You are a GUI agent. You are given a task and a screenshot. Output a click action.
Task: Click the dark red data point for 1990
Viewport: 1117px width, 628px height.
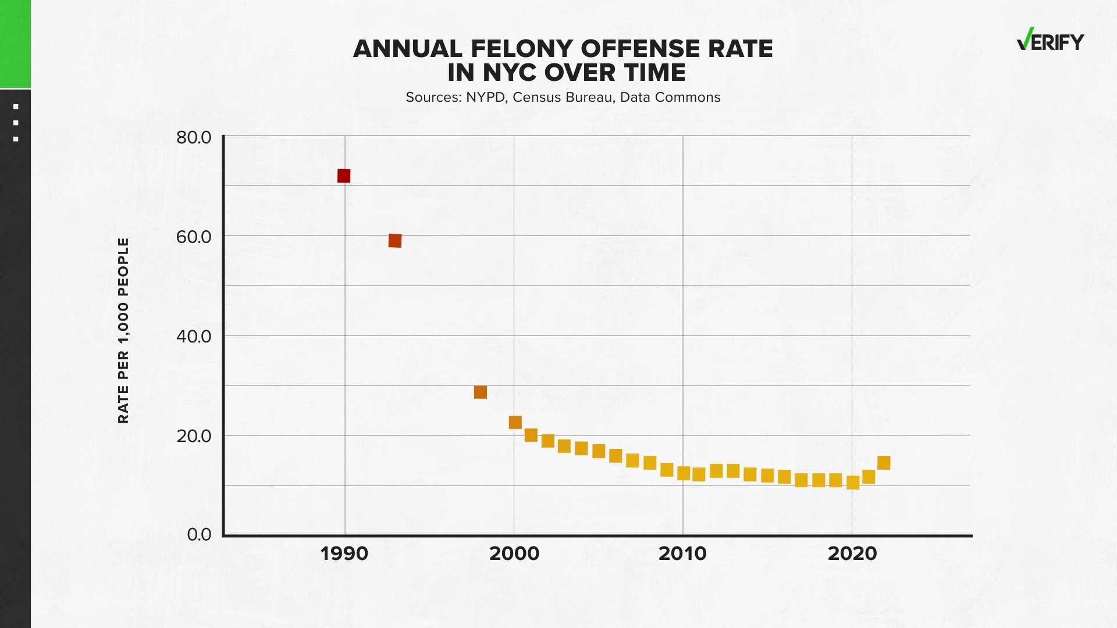(344, 176)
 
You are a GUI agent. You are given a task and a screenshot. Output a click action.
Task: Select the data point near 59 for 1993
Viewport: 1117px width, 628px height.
(395, 240)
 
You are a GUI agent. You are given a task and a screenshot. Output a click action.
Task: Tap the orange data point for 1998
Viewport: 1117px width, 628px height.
(480, 392)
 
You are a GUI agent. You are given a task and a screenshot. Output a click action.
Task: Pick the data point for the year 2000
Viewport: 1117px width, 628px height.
(515, 422)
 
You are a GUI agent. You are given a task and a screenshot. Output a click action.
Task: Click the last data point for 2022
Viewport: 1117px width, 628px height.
(884, 463)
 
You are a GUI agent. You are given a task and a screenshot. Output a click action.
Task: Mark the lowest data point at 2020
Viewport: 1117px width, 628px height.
(853, 483)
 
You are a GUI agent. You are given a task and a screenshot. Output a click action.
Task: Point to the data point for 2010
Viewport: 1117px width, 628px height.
(684, 473)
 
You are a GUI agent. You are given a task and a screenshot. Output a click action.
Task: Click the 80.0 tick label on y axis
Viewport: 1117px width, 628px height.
(194, 138)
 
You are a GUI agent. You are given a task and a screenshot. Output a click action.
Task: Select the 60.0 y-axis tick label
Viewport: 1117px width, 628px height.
(194, 237)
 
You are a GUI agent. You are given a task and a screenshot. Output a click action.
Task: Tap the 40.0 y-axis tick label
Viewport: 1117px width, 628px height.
(194, 336)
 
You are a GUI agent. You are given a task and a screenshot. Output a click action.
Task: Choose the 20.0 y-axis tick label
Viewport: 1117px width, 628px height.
(194, 436)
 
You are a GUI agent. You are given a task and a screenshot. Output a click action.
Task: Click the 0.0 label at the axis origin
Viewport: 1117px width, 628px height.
(199, 534)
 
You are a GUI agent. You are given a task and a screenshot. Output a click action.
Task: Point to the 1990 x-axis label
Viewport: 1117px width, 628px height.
(344, 554)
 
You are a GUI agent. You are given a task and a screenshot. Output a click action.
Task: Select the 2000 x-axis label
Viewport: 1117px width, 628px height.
(514, 554)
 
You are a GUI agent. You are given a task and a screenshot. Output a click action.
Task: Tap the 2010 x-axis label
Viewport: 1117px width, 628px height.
(683, 554)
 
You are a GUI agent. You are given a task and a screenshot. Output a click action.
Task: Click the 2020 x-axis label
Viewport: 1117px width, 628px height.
(852, 554)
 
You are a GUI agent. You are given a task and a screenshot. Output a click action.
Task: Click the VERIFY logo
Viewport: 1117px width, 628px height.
(1050, 41)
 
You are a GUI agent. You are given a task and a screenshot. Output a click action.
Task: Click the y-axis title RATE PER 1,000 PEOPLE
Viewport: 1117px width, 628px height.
(123, 330)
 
